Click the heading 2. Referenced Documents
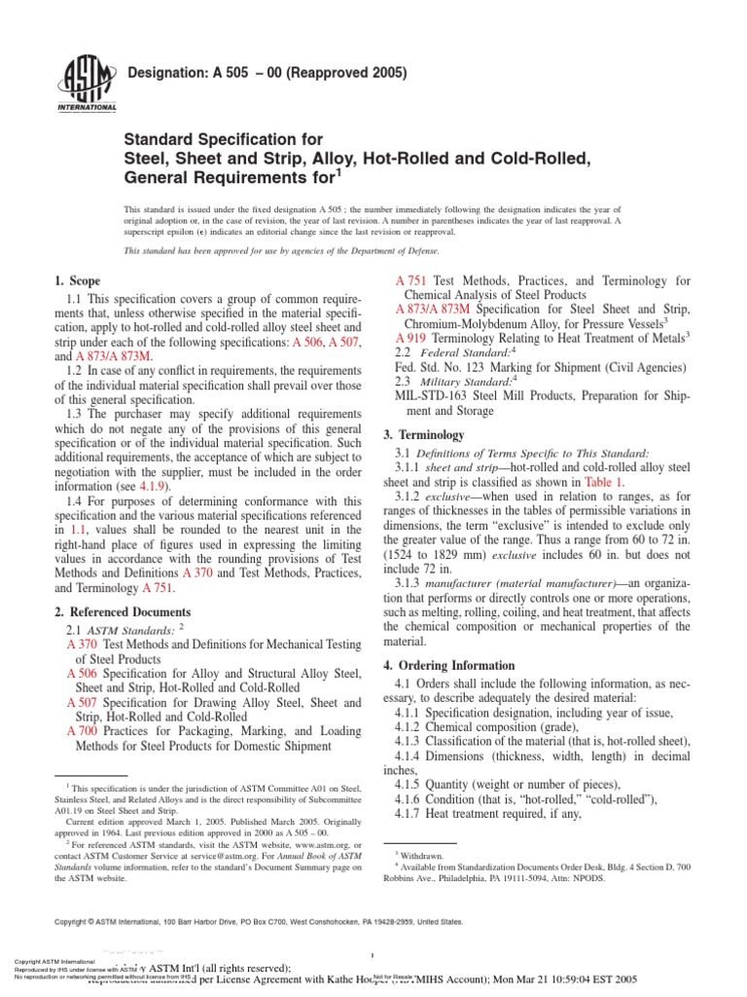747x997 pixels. point(123,611)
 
